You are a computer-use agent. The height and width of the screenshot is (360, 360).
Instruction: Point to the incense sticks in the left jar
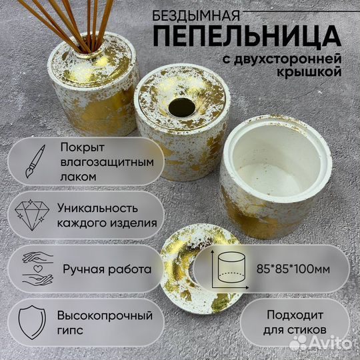[83, 23]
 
